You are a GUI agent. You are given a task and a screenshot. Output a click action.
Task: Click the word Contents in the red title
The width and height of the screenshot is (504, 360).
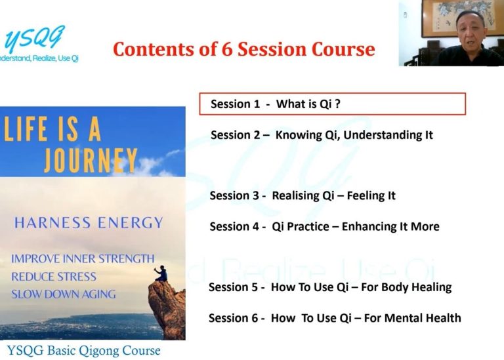click(x=153, y=49)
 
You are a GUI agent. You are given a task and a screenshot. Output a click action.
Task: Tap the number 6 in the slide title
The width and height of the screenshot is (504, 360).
click(x=227, y=49)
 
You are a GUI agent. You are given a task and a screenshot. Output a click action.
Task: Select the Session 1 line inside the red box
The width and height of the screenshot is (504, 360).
click(x=276, y=104)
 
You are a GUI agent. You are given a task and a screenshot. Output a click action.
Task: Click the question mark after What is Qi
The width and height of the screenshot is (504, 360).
click(x=337, y=104)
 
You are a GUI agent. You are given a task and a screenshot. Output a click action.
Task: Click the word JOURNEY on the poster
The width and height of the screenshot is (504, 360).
click(x=91, y=160)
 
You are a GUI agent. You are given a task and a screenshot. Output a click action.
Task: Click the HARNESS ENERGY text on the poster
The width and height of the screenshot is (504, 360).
click(x=89, y=222)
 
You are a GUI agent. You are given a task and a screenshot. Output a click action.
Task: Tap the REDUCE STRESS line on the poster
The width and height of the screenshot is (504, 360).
click(x=54, y=277)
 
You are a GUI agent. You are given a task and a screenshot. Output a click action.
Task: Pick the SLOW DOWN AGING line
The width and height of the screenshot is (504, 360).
click(x=63, y=294)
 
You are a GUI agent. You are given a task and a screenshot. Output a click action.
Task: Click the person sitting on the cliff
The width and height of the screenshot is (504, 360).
click(x=161, y=273)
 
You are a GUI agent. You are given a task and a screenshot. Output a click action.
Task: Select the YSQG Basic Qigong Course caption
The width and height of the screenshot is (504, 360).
click(x=83, y=350)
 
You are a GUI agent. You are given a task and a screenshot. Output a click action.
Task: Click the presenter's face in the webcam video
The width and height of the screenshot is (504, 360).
click(x=470, y=31)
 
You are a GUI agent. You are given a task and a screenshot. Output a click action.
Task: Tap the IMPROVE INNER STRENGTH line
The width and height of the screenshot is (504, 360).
click(x=83, y=259)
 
